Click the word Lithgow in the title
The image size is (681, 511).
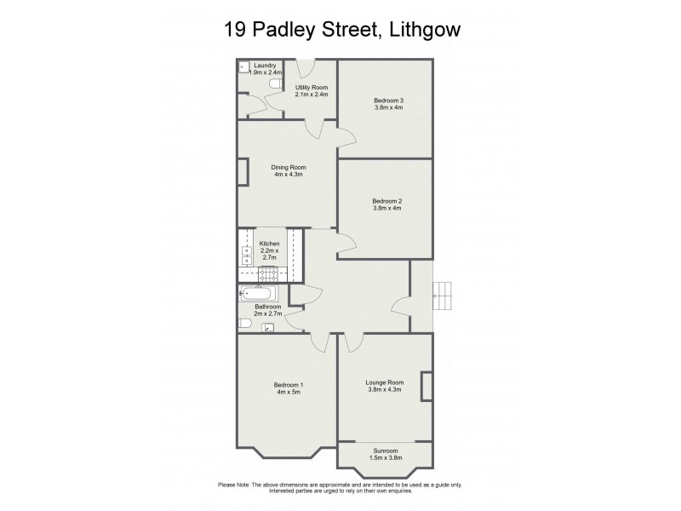click(x=426, y=30)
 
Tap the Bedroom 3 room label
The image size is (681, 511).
click(x=388, y=100)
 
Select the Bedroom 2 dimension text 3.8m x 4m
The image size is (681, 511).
click(x=387, y=208)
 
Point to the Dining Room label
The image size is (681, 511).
click(x=289, y=168)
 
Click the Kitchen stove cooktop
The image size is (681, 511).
click(x=269, y=273)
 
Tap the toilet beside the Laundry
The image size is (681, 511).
click(x=274, y=84)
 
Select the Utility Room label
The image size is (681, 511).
click(x=311, y=88)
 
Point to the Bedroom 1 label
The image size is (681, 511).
click(x=289, y=385)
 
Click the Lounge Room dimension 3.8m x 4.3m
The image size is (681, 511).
click(x=385, y=389)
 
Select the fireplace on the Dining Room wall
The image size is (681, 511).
click(x=243, y=171)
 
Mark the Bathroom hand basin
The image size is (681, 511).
click(x=267, y=327)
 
